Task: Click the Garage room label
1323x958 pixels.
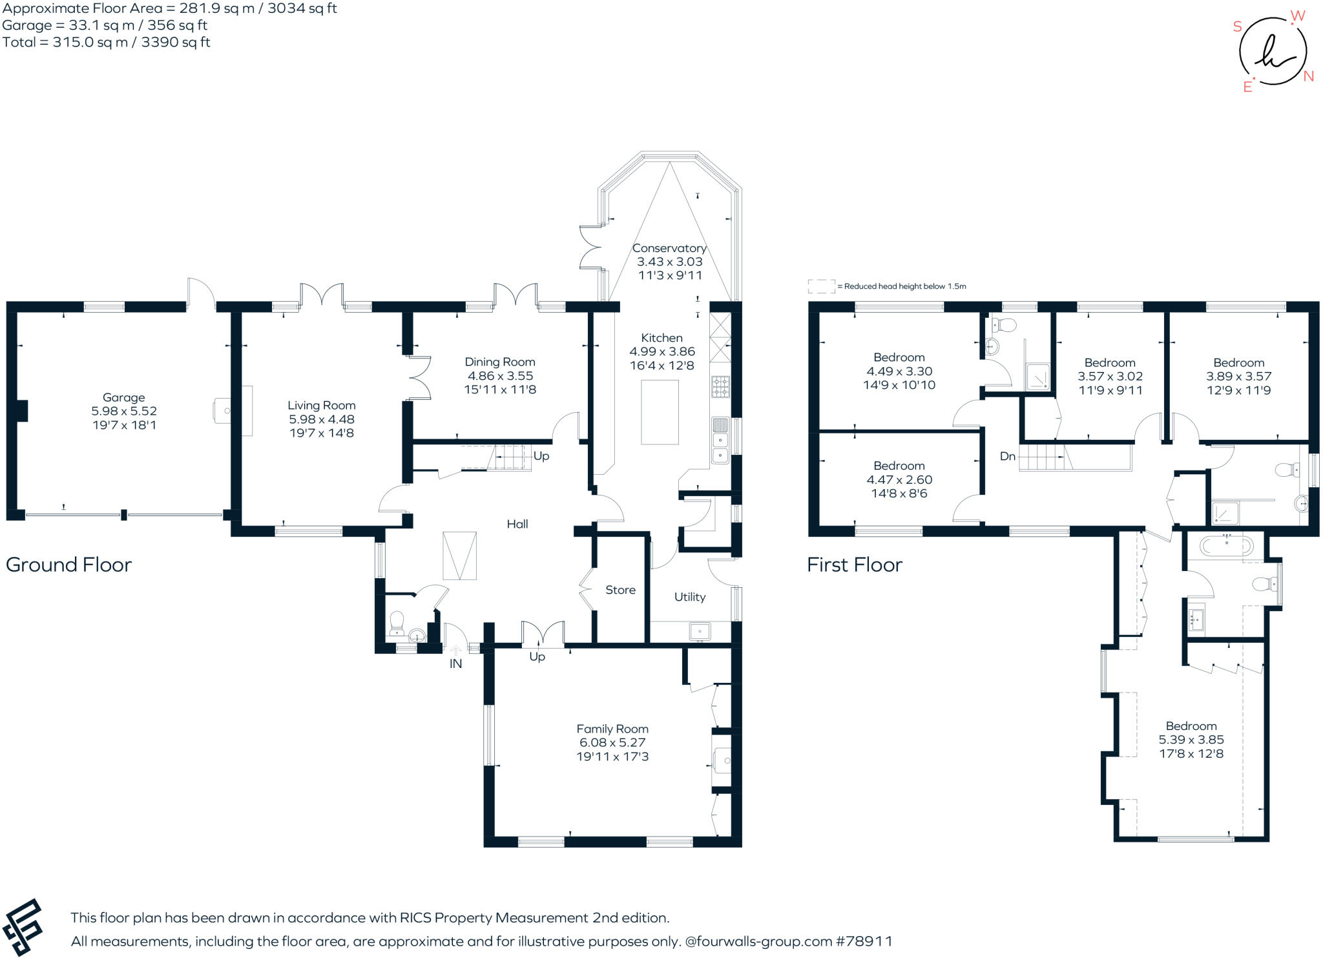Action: click(123, 397)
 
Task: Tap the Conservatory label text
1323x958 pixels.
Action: click(669, 248)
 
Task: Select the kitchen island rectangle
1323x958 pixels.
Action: click(660, 412)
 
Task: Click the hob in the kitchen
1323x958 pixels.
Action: click(720, 386)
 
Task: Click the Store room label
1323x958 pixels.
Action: click(620, 590)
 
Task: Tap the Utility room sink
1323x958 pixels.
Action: click(700, 630)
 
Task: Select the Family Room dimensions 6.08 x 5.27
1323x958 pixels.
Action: click(612, 742)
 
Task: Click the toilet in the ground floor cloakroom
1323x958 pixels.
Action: click(397, 623)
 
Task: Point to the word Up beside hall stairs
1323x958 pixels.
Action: click(541, 456)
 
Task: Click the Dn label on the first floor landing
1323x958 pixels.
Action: click(1007, 456)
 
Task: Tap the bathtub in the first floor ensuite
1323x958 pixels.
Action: click(1226, 547)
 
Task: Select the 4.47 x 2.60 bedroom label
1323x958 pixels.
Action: click(899, 479)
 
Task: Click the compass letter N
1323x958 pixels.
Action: click(1308, 76)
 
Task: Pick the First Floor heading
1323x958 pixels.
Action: click(854, 565)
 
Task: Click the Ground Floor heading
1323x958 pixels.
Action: click(68, 565)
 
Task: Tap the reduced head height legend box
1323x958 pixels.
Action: click(820, 286)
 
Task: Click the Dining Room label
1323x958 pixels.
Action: click(499, 362)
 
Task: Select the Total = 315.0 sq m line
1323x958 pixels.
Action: click(106, 43)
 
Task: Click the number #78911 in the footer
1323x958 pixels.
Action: click(864, 941)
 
